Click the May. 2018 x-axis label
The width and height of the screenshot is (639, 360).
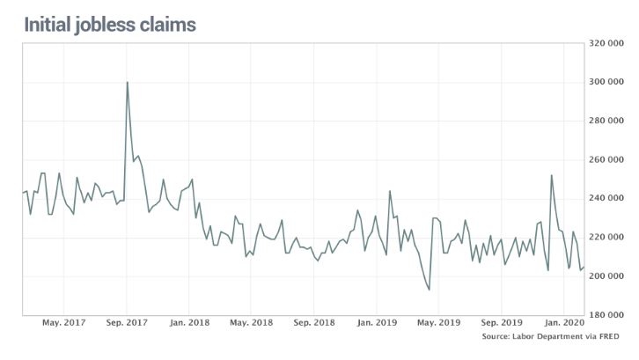tap(252, 322)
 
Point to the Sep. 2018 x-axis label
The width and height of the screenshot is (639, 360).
tap(315, 322)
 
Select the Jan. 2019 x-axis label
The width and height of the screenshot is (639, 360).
tap(378, 322)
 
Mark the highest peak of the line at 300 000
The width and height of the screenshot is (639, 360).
tap(128, 83)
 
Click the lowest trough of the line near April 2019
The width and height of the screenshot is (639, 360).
tap(429, 290)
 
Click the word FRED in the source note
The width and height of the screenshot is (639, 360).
tap(608, 336)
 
